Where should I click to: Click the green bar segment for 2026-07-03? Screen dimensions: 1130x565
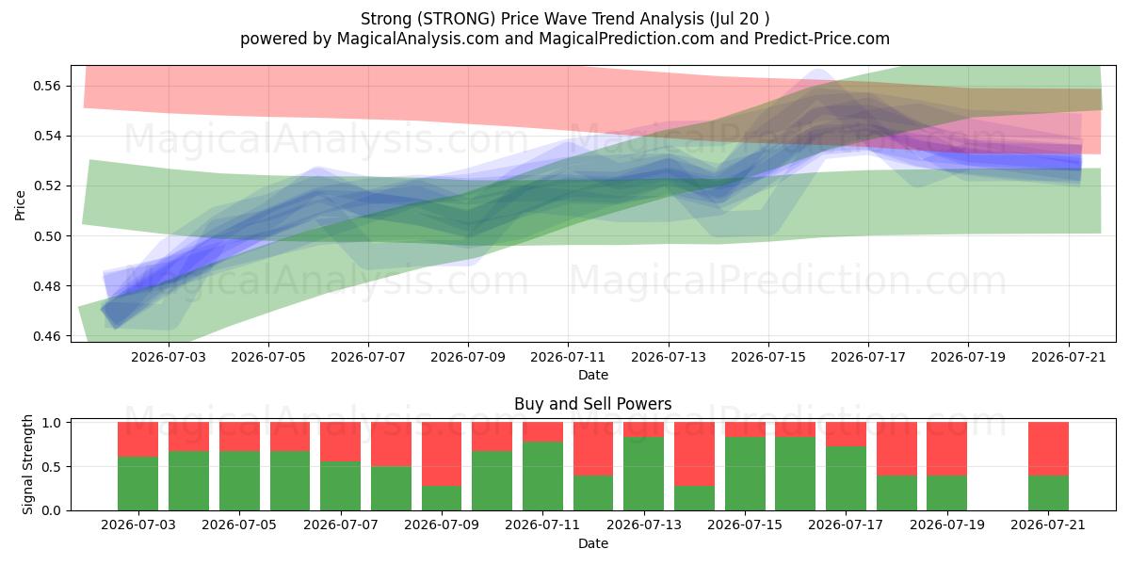[137, 483]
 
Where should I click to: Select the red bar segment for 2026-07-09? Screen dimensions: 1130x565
[442, 454]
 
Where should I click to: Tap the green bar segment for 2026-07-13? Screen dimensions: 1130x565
[644, 474]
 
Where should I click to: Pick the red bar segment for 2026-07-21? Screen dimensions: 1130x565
[1048, 449]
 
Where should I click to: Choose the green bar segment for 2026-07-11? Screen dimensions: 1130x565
[542, 476]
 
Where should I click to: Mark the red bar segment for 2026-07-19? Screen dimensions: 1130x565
[947, 449]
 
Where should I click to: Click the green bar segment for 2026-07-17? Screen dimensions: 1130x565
[846, 478]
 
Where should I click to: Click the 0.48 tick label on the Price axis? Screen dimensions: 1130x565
[47, 286]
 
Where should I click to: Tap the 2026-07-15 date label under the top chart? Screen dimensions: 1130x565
[768, 357]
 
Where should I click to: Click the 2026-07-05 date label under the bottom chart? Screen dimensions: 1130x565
[239, 525]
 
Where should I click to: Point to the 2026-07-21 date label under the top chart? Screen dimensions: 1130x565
[1069, 357]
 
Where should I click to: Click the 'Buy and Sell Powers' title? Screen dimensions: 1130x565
[592, 404]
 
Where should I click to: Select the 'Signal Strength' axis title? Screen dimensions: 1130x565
[27, 464]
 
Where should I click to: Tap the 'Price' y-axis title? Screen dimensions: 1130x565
[20, 205]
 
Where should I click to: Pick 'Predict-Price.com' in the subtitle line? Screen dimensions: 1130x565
[822, 39]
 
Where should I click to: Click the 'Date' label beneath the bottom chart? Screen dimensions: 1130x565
[592, 543]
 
